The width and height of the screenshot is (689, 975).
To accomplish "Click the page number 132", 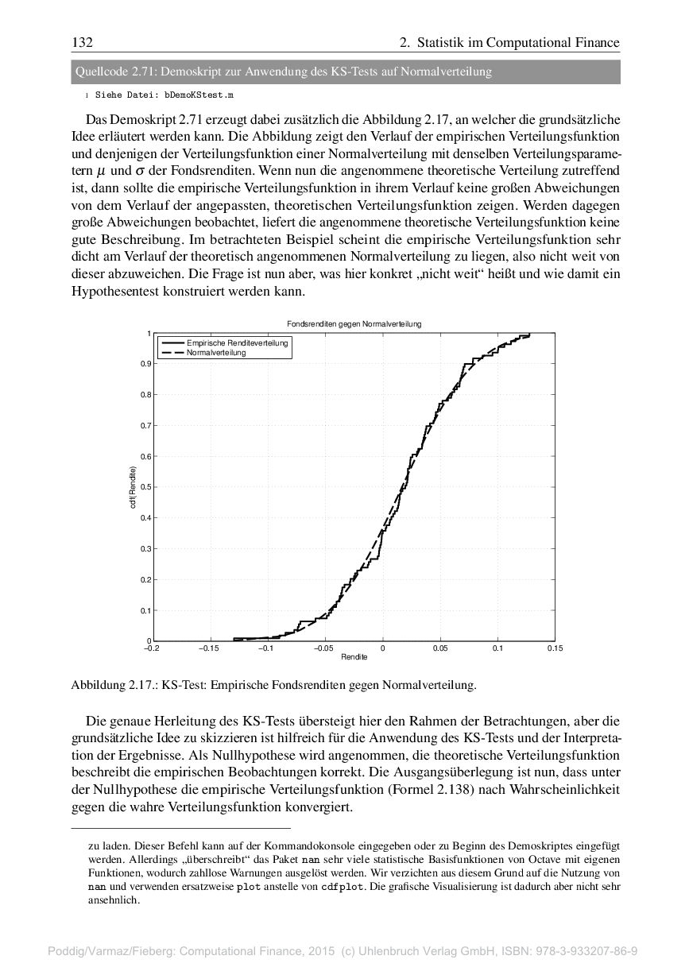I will pyautogui.click(x=82, y=42).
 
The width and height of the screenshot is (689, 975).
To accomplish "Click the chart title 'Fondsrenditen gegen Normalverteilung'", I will pyautogui.click(x=354, y=324).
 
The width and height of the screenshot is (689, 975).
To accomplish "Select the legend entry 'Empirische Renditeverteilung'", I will pyautogui.click(x=238, y=342).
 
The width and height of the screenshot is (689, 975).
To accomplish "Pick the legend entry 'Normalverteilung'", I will pyautogui.click(x=216, y=352).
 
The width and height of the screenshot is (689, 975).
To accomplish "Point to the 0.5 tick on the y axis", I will pyautogui.click(x=145, y=487).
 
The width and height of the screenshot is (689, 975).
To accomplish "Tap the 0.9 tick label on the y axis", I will pyautogui.click(x=145, y=364).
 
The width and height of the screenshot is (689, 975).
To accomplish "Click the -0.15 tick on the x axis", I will pyautogui.click(x=208, y=648).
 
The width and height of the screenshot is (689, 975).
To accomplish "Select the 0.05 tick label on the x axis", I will pyautogui.click(x=439, y=648).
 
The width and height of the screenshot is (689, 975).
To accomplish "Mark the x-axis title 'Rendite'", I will pyautogui.click(x=354, y=657).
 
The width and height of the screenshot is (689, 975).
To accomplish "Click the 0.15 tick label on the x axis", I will pyautogui.click(x=555, y=648).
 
